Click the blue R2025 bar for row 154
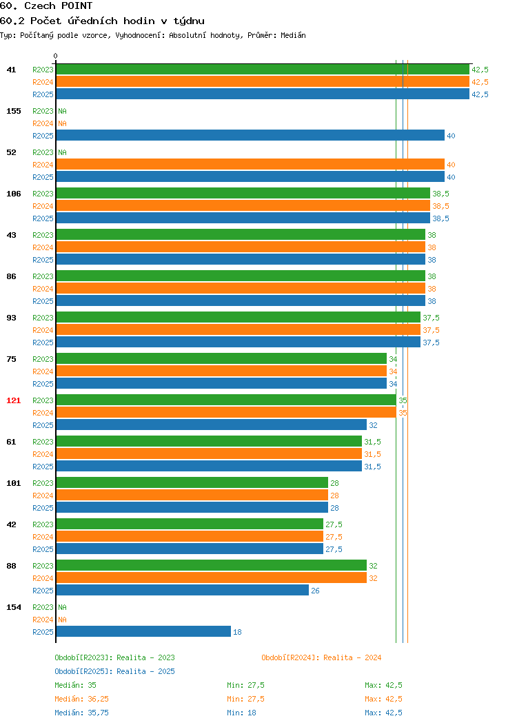(143, 631)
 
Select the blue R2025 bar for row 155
(250, 136)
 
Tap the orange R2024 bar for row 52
(250, 165)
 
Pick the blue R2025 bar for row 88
(182, 590)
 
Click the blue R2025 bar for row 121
(212, 425)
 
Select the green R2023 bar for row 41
(263, 70)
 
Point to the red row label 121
(13, 400)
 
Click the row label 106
(13, 194)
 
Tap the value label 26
(316, 591)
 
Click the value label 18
(237, 632)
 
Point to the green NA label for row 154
(63, 607)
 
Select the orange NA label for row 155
(63, 123)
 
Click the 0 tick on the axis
(56, 56)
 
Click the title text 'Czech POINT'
(59, 6)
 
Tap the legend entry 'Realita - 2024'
(352, 657)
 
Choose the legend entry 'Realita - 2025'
(145, 671)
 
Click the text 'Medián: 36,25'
(82, 699)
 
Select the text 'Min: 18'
(241, 713)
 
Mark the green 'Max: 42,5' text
(383, 685)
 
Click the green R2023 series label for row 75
(43, 359)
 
